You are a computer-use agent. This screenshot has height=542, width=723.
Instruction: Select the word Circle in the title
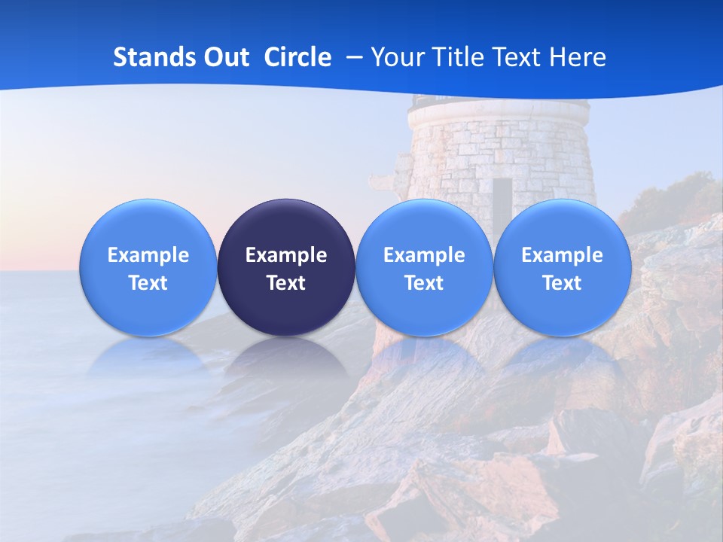(297, 57)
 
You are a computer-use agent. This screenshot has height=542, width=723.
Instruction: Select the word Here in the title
(578, 57)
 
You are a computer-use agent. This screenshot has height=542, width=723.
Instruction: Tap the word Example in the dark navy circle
(285, 255)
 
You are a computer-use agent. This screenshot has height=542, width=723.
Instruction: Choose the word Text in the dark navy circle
(285, 283)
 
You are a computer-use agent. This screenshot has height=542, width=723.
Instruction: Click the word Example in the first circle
(148, 255)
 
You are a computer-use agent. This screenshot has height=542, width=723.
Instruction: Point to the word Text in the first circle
(148, 283)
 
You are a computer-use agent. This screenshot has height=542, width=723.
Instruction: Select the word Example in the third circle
(424, 255)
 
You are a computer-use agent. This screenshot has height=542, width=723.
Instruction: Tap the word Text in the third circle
(424, 283)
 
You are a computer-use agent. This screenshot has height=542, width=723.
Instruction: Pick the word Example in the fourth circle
(562, 255)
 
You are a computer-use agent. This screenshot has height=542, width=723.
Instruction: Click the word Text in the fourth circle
(562, 283)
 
